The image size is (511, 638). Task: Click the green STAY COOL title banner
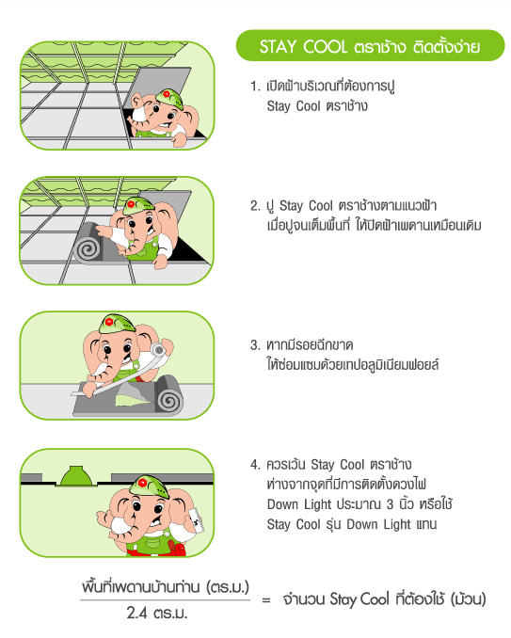coord(370,45)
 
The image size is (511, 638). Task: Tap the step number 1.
coord(254,87)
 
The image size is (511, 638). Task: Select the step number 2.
coord(255,205)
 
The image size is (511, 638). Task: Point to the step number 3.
coord(255,345)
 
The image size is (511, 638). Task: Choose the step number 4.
coord(255,464)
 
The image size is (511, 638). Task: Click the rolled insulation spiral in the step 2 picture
coord(88,248)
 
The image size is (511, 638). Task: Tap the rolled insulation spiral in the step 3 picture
coord(169,400)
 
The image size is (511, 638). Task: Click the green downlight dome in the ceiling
coord(76,476)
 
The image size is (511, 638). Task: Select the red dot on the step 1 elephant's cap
coord(166,94)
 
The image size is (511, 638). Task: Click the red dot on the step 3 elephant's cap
coord(109,322)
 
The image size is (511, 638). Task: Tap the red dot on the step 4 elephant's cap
coord(142,483)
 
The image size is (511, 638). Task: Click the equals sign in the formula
coord(266,599)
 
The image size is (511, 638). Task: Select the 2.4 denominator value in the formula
coord(136,613)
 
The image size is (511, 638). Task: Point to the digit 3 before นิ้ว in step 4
coord(390,504)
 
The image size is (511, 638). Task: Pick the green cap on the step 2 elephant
coord(138,205)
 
